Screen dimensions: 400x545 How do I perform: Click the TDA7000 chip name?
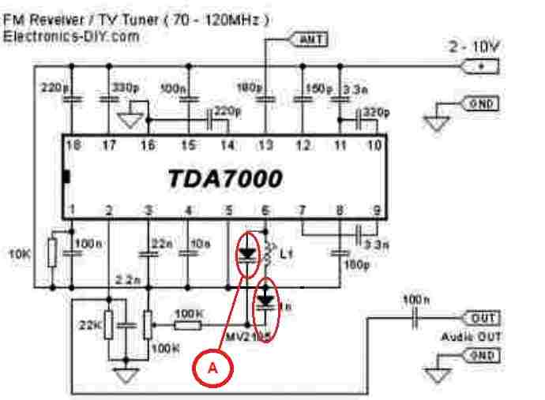tap(224, 180)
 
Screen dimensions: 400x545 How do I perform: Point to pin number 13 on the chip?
tap(265, 145)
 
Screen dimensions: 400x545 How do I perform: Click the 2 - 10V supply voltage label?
tap(475, 47)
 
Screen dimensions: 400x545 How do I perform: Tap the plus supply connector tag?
tap(482, 66)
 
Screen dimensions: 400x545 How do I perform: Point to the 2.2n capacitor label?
tap(128, 280)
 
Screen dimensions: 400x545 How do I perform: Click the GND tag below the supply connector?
tap(482, 103)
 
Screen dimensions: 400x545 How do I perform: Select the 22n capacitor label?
tap(161, 245)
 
